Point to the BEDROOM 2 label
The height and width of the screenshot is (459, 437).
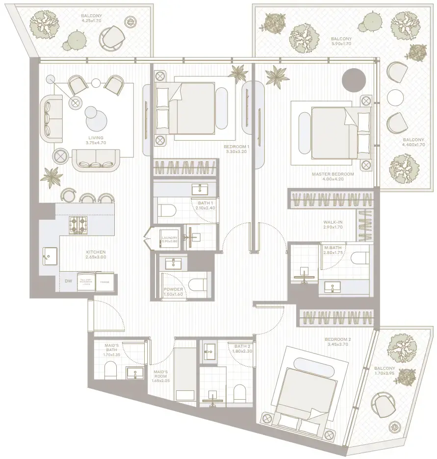tap(338, 339)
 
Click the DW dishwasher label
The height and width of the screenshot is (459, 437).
tap(68, 281)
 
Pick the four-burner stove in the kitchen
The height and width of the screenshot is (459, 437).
tap(78, 224)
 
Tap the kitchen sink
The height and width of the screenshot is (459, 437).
tap(50, 254)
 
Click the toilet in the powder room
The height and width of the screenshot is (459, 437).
tap(198, 285)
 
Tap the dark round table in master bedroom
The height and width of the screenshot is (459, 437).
tap(354, 79)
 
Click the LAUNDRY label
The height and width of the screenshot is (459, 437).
tap(170, 238)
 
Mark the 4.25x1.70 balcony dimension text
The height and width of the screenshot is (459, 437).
tap(91, 22)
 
